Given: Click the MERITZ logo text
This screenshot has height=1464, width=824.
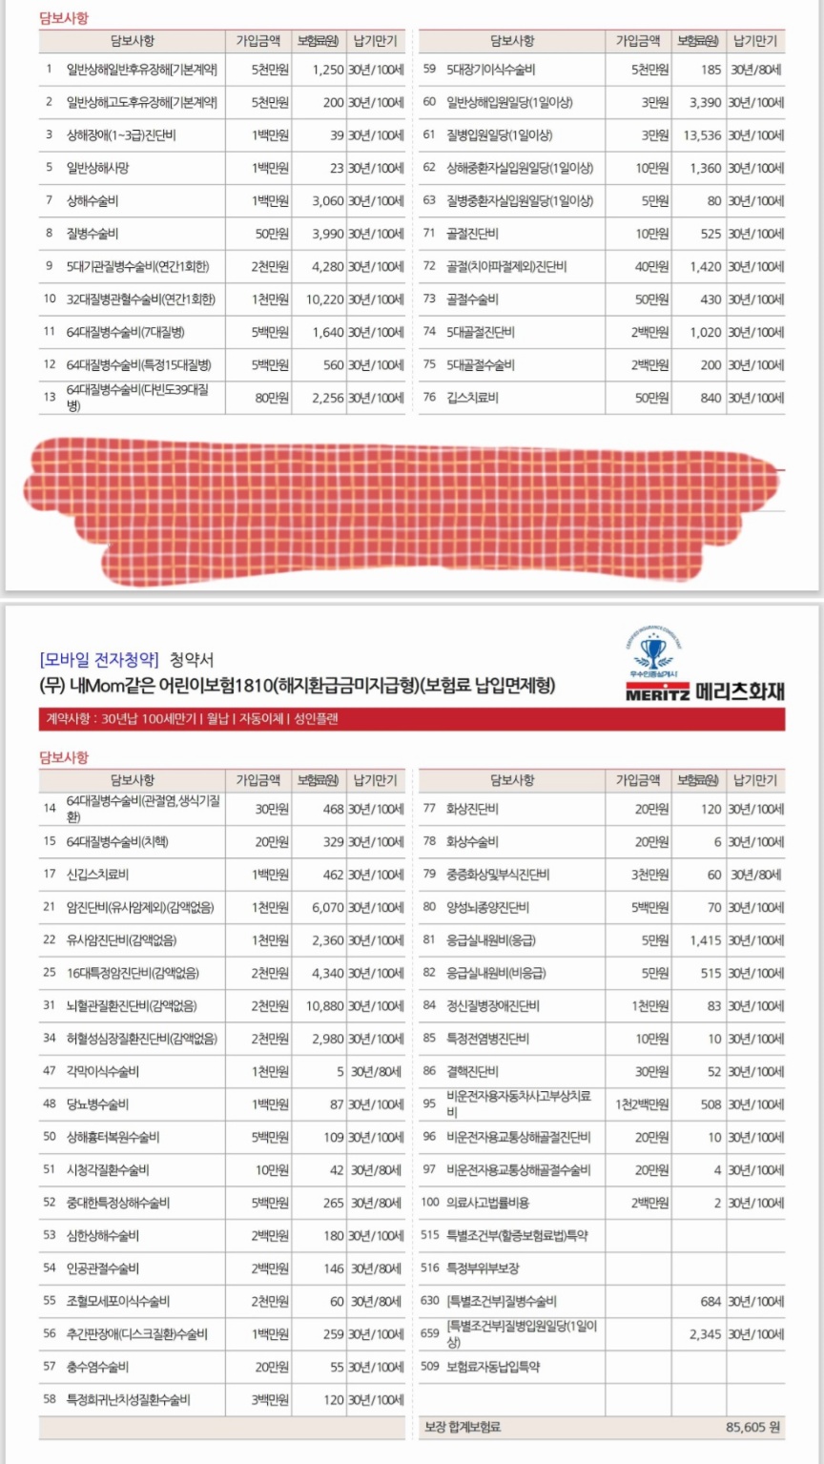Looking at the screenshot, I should (659, 692).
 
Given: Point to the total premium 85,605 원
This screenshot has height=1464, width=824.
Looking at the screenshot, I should (753, 1427).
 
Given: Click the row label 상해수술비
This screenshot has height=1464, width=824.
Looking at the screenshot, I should (93, 201).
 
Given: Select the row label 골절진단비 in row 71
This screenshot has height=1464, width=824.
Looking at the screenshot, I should (473, 234).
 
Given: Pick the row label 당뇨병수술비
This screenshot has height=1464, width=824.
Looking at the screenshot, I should (97, 1104).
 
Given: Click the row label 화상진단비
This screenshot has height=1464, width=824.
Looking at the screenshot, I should (473, 810).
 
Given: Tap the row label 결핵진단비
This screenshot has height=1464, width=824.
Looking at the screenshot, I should (473, 1072).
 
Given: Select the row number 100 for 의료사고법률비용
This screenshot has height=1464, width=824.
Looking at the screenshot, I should (429, 1204).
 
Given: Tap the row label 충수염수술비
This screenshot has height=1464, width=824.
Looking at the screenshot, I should (97, 1367).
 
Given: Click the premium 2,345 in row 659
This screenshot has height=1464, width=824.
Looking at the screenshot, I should (705, 1334).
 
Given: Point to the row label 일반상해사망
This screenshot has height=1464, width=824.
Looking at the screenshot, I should (97, 168).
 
